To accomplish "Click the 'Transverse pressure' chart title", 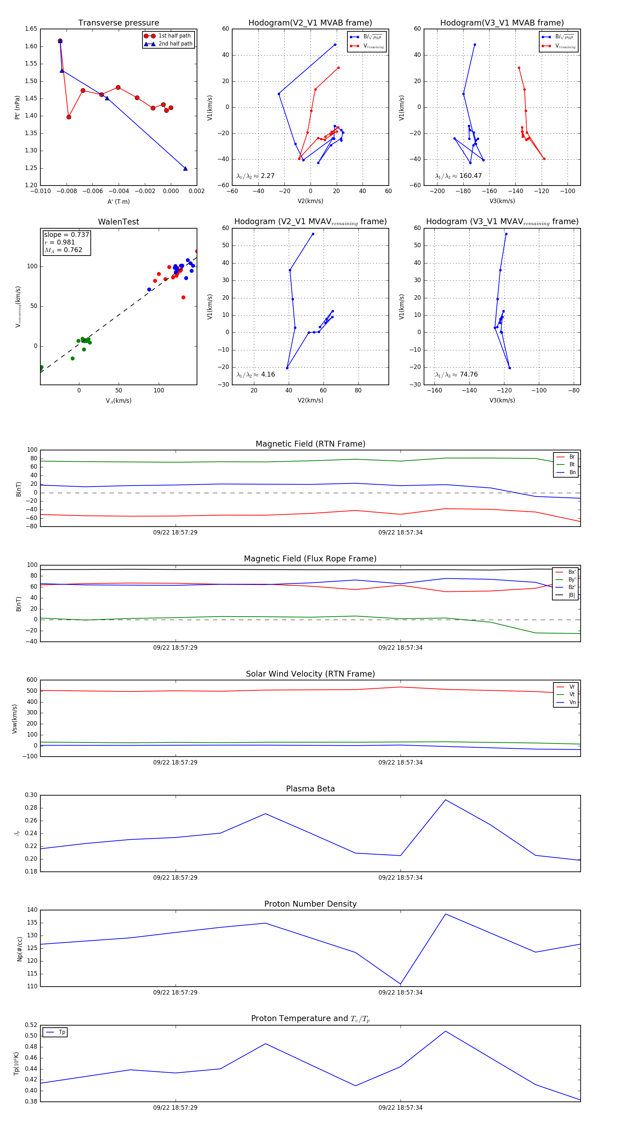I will [x=118, y=23].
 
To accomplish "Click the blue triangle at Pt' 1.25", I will [x=185, y=168].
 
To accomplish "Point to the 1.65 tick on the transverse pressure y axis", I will [x=31, y=29].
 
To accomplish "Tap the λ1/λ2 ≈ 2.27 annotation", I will [x=255, y=176].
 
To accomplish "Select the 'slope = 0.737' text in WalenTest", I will [x=66, y=234].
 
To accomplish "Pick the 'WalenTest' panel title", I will [x=118, y=222].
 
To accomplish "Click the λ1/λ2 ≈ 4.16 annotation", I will [x=255, y=375].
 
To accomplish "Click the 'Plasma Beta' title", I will [x=310, y=789].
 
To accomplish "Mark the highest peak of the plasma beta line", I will [x=445, y=800].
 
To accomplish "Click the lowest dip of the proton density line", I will [x=401, y=984].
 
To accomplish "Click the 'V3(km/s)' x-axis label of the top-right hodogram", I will [x=502, y=201].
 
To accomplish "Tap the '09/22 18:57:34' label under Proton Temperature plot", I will [x=401, y=1108].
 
